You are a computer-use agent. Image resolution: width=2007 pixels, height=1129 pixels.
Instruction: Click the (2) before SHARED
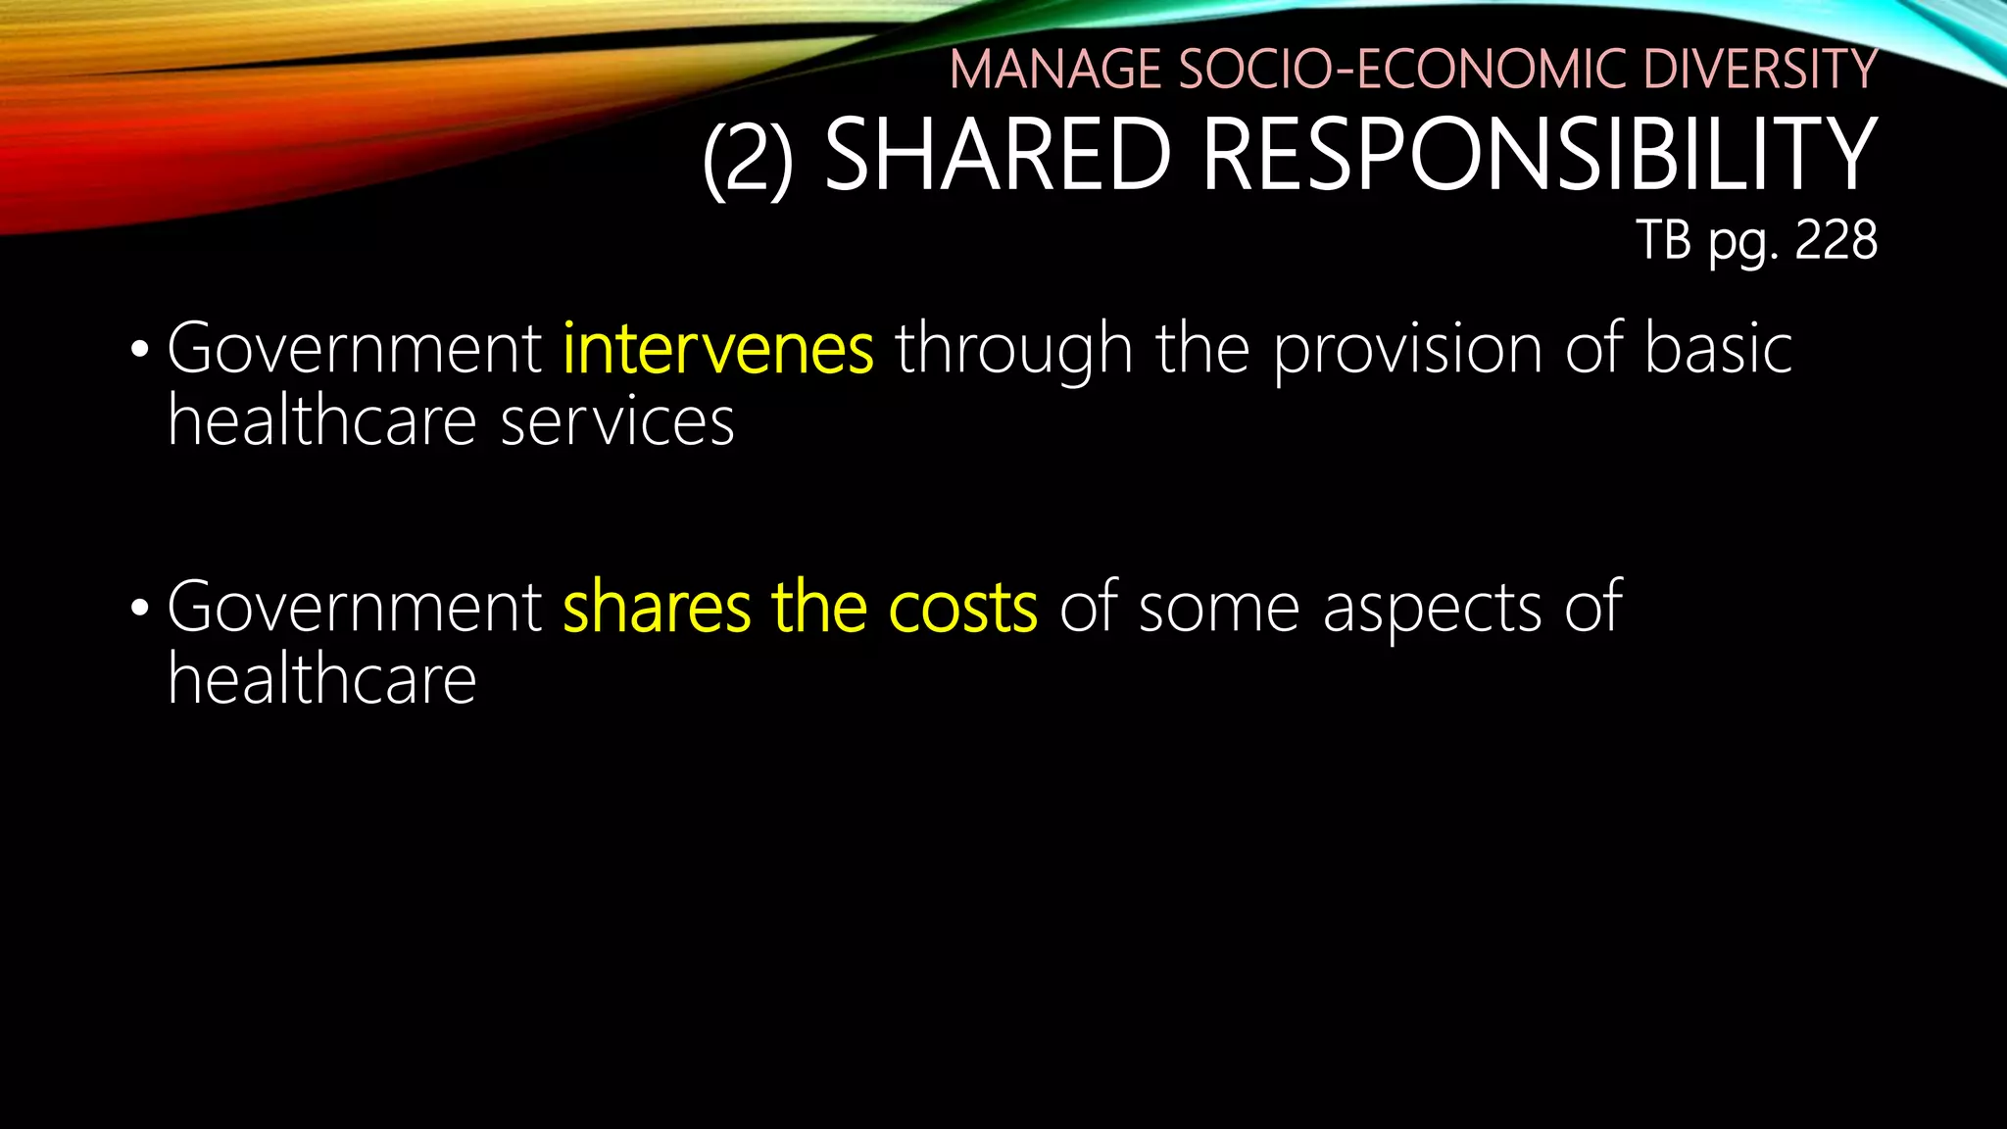click(748, 157)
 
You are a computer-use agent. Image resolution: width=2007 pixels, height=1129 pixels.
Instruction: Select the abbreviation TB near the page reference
click(1664, 240)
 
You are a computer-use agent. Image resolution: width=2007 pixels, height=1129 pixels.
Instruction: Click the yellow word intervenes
click(718, 349)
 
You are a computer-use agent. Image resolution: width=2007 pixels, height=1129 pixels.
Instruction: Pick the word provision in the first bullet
click(1407, 351)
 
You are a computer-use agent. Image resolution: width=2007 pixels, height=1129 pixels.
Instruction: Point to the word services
click(617, 422)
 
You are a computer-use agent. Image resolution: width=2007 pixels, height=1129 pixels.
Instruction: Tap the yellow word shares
click(657, 608)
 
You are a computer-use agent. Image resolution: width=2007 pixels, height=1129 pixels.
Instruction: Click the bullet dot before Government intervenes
click(139, 351)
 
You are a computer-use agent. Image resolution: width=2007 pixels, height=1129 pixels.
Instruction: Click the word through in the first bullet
click(1013, 351)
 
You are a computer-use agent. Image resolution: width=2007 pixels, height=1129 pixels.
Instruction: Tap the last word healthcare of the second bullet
click(321, 679)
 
